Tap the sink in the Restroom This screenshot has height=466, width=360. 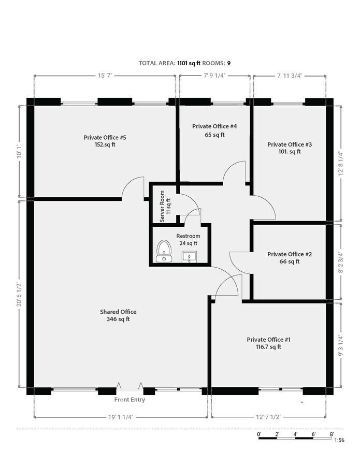point(189,256)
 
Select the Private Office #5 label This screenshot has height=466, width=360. point(105,138)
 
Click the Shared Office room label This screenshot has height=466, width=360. point(118,312)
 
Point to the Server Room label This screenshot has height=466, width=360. point(165,206)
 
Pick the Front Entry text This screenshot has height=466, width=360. point(129,400)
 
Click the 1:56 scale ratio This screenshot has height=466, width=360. point(339,440)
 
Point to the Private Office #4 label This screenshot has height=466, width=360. point(214,126)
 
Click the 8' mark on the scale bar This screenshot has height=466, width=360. point(332,434)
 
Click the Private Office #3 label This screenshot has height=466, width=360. point(289,144)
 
